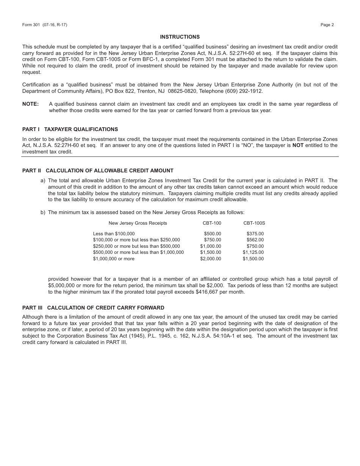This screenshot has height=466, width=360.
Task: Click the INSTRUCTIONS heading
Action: (x=180, y=37)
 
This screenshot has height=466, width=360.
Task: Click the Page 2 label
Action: (x=327, y=25)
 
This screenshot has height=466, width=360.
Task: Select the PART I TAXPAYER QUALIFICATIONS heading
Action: (x=70, y=129)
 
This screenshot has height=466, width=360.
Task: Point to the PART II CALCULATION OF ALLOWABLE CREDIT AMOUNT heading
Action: (x=98, y=170)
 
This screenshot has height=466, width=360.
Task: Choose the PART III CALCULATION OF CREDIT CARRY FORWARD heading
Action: (x=93, y=308)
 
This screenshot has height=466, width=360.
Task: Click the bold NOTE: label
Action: (x=31, y=104)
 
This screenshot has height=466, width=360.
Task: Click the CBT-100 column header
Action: (x=212, y=223)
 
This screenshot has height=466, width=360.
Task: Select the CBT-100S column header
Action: (x=254, y=223)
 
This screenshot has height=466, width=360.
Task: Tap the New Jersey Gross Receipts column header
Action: (x=138, y=223)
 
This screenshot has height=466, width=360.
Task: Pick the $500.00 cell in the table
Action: (x=212, y=234)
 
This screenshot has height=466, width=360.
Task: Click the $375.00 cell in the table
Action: (x=255, y=234)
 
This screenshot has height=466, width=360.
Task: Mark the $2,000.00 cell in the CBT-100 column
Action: (x=211, y=259)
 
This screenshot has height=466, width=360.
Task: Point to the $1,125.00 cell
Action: (x=253, y=252)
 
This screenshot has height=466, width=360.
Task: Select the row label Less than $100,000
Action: (x=114, y=234)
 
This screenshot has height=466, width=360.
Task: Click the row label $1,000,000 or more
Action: (x=114, y=259)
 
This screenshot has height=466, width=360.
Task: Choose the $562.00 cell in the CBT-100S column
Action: (x=255, y=240)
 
